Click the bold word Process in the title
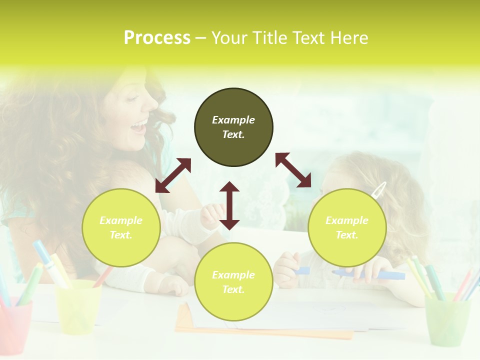tap(157, 38)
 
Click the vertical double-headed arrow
tap(229, 205)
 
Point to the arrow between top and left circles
tap(173, 175)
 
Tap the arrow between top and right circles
tap(293, 170)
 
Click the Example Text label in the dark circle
tap(233, 127)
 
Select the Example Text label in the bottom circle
tap(233, 282)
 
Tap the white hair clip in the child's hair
tap(378, 190)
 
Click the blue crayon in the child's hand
tap(385, 275)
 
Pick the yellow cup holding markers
tap(77, 306)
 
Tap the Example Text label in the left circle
tap(121, 227)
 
